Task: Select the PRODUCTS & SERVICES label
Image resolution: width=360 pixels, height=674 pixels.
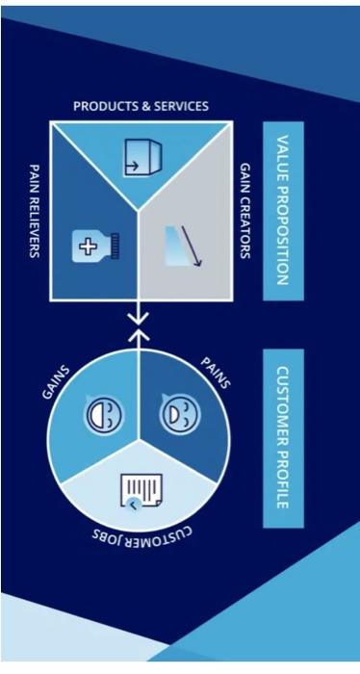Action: coord(141,105)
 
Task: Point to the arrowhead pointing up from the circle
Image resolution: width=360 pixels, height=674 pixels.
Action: coord(141,336)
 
